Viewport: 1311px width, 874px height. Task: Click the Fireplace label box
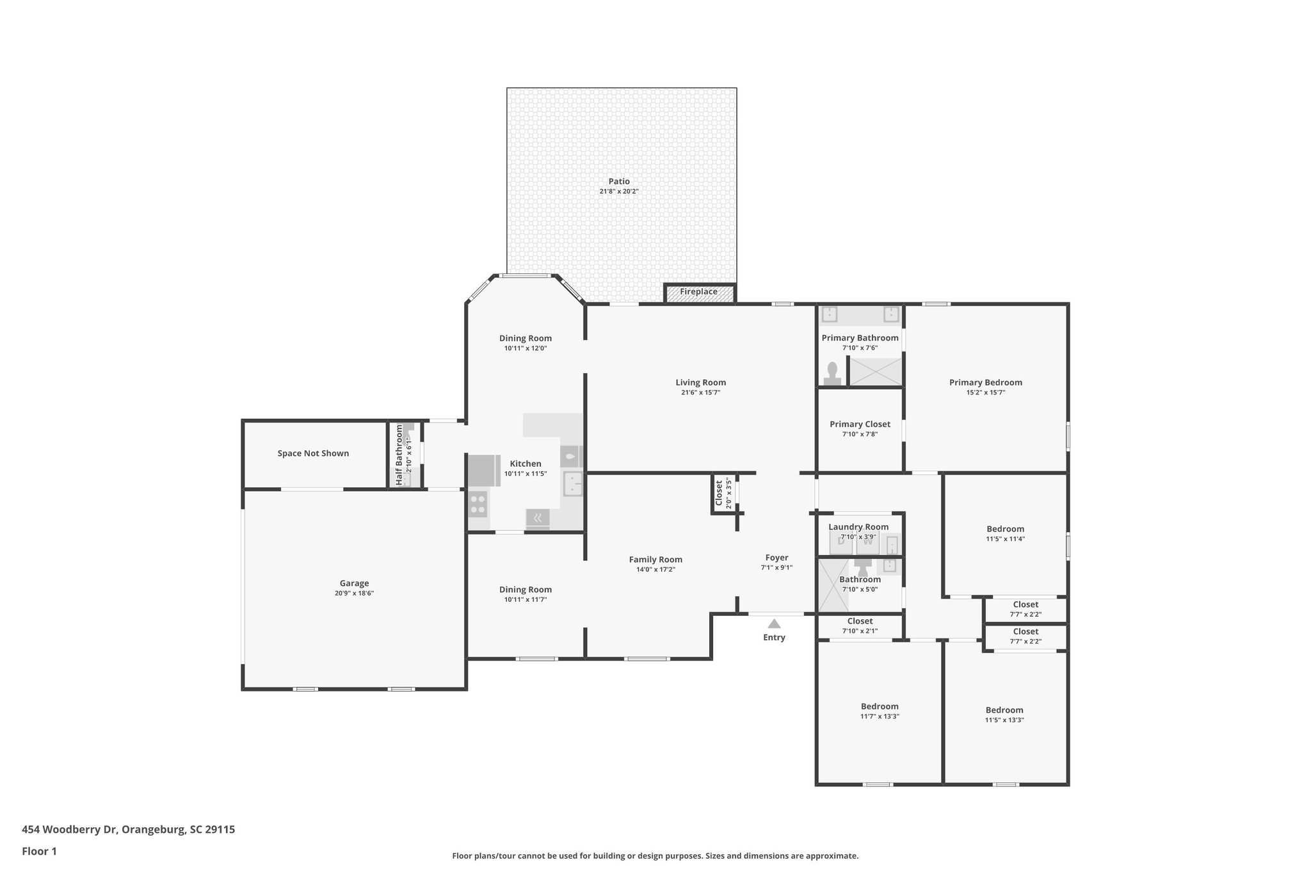pyautogui.click(x=698, y=292)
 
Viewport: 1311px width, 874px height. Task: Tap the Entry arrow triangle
pyautogui.click(x=774, y=624)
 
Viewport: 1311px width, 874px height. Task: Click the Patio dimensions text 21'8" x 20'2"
pyautogui.click(x=619, y=191)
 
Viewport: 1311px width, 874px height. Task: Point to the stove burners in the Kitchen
pyautogui.click(x=478, y=504)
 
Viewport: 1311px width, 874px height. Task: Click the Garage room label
pyautogui.click(x=354, y=583)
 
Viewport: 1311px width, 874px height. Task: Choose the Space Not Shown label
pyautogui.click(x=313, y=453)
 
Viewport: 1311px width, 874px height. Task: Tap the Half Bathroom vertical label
pyautogui.click(x=399, y=455)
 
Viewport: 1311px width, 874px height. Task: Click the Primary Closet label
pyautogui.click(x=860, y=424)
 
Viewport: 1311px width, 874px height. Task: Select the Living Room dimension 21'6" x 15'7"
pyautogui.click(x=700, y=392)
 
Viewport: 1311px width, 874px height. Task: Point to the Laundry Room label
pyautogui.click(x=858, y=527)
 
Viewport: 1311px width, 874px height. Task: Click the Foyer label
pyautogui.click(x=776, y=558)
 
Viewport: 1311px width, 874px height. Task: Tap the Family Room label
pyautogui.click(x=655, y=560)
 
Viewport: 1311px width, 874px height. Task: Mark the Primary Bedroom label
pyautogui.click(x=985, y=383)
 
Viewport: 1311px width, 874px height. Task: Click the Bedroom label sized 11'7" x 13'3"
pyautogui.click(x=880, y=707)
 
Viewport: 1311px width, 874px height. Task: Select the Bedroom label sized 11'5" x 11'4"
pyautogui.click(x=1005, y=529)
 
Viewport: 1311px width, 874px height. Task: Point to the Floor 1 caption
pyautogui.click(x=39, y=852)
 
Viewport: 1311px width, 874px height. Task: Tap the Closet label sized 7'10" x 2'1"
pyautogui.click(x=860, y=621)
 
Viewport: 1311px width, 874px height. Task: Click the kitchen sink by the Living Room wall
pyautogui.click(x=573, y=484)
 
